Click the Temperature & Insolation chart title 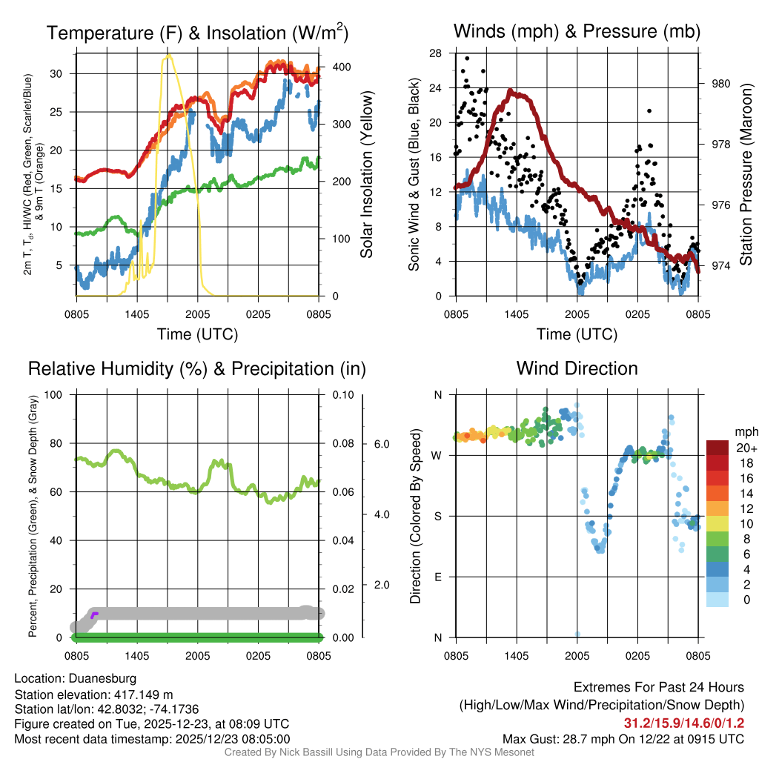point(197,33)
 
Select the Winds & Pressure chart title point(577,31)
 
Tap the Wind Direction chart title point(577,368)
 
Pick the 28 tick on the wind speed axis point(436,53)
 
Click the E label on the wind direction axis point(437,577)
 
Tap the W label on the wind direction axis point(437,455)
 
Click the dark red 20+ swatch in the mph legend point(717,448)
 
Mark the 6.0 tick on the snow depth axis point(380,444)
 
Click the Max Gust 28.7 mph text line point(623,738)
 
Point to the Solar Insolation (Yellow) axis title point(367,175)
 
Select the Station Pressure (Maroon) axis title point(746,175)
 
